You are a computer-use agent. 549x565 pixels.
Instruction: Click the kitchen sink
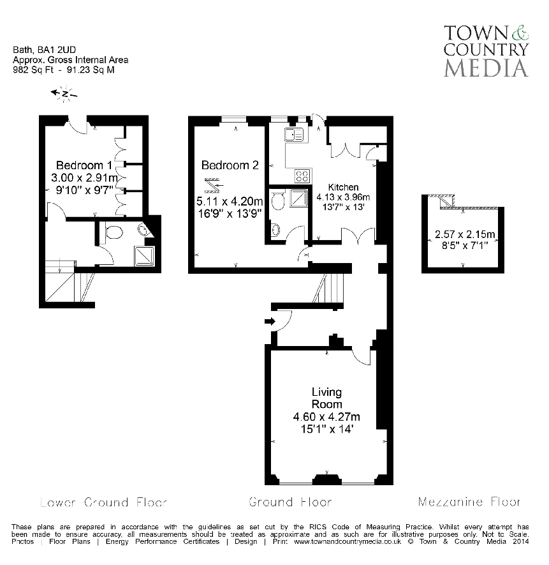point(294,134)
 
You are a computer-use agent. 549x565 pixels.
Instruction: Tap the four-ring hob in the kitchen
point(302,176)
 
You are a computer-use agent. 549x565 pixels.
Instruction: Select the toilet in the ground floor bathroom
point(278,201)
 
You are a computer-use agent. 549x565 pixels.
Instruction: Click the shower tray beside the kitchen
point(298,199)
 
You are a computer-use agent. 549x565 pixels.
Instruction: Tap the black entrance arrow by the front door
point(270,321)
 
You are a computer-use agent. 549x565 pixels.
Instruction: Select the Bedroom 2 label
point(230,165)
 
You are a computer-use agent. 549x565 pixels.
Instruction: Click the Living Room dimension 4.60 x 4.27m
point(326,417)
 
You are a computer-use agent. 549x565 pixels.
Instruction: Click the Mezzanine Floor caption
point(469,502)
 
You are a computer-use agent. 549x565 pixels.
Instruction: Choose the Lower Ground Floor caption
point(94,502)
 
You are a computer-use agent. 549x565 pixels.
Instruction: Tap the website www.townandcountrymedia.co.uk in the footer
point(347,541)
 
